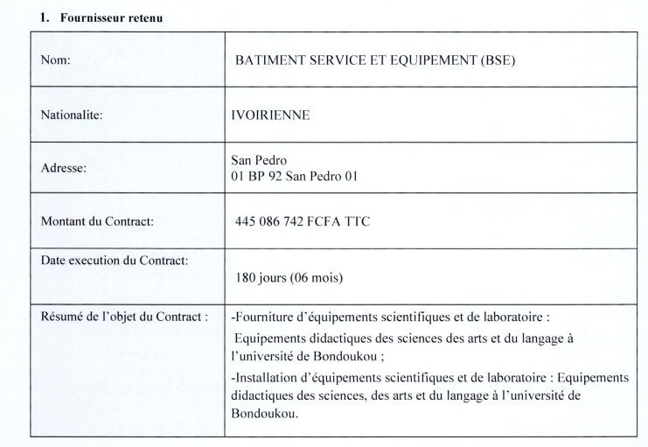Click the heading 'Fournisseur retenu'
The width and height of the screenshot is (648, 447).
tap(81, 16)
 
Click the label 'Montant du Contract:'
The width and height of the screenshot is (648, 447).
tap(97, 221)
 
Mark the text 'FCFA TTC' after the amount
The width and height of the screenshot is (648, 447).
tap(342, 222)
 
